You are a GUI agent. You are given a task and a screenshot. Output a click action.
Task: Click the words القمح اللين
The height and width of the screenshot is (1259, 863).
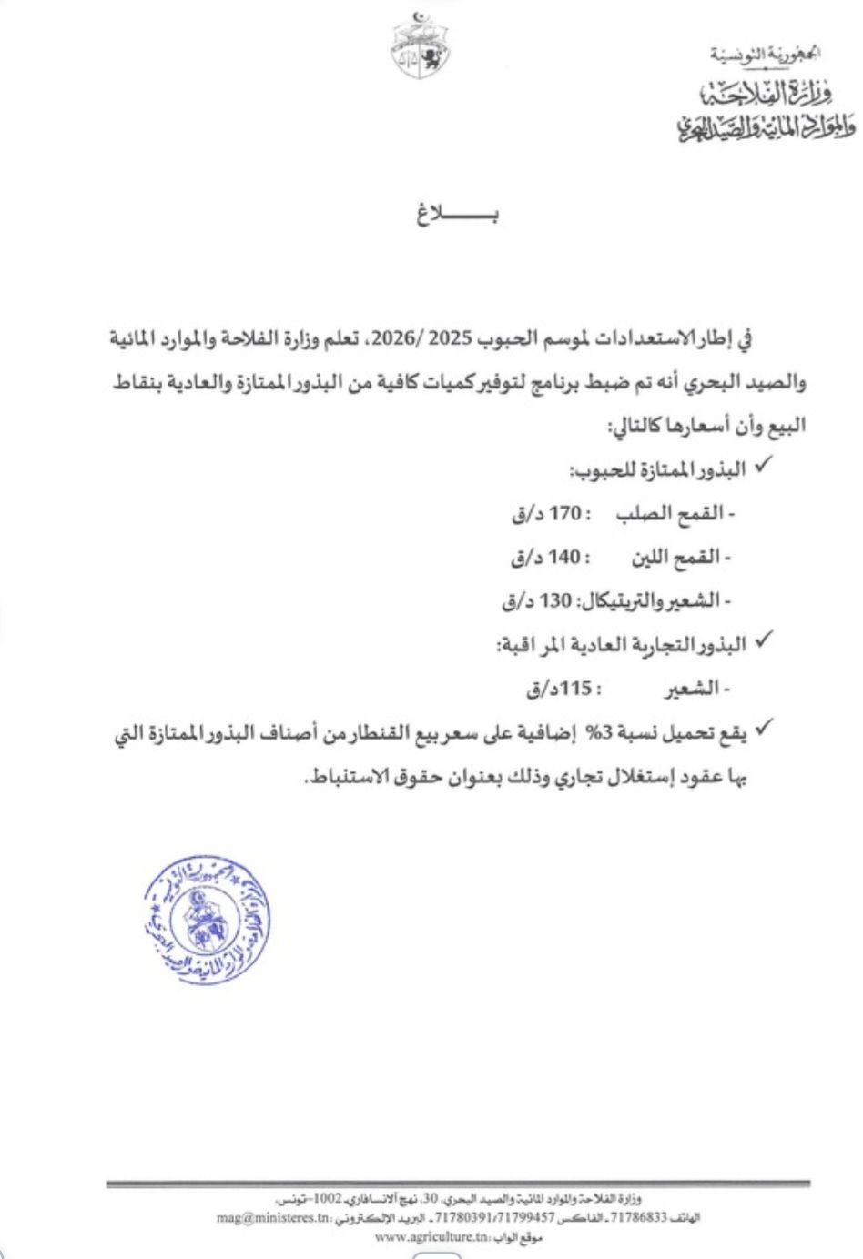click(672, 557)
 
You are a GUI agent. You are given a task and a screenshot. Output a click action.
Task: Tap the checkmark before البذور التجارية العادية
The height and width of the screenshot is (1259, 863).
click(763, 643)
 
